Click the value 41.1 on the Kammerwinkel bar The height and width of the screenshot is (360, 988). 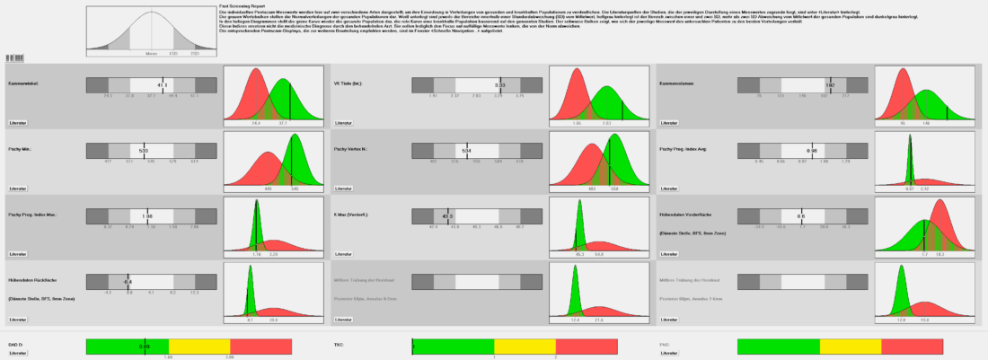click(163, 84)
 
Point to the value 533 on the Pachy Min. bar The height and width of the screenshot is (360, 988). click(144, 150)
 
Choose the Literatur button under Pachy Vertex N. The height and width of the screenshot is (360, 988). click(344, 189)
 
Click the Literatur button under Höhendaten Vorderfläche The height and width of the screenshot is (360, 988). click(670, 254)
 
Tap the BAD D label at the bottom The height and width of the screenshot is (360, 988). click(13, 344)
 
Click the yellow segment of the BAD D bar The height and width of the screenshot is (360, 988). click(199, 346)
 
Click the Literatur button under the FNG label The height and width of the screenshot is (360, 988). click(668, 354)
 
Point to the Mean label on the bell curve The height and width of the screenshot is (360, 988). click(151, 54)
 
